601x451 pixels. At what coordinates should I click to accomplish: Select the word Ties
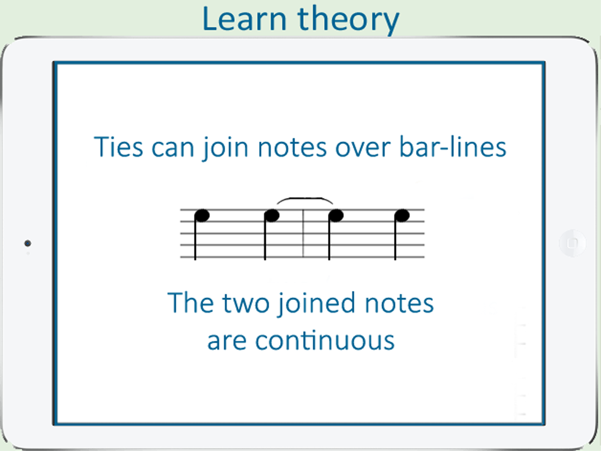(118, 147)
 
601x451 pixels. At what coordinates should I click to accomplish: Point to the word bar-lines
(453, 147)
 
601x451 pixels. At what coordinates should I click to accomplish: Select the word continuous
(325, 340)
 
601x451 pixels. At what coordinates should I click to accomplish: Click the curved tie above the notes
(305, 198)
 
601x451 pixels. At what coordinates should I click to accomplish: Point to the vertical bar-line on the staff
(303, 233)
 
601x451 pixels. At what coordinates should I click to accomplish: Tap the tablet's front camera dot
(28, 243)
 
